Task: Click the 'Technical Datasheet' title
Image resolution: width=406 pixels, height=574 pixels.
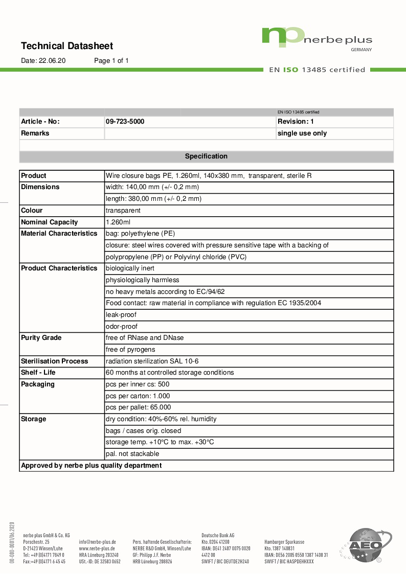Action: click(67, 46)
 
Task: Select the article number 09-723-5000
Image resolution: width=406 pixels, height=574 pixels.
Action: click(125, 122)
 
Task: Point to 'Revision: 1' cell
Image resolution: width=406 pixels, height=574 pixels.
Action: click(296, 122)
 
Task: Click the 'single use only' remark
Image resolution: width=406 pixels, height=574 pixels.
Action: click(302, 133)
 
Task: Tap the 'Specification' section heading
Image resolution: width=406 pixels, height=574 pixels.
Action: click(206, 156)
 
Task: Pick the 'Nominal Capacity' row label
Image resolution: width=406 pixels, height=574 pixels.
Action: click(50, 222)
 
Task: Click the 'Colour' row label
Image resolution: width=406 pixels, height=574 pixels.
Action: click(32, 211)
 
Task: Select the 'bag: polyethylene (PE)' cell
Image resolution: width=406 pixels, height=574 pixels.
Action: click(140, 234)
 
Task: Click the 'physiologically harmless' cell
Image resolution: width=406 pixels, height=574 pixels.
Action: click(142, 280)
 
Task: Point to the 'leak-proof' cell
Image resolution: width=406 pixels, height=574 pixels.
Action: click(121, 315)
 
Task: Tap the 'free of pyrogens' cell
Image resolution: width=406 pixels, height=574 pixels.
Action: click(130, 350)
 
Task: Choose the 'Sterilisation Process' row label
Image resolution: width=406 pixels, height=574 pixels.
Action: click(54, 361)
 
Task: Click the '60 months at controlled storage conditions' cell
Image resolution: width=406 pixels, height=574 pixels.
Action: click(170, 373)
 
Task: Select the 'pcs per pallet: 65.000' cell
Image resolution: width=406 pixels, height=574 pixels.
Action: click(138, 407)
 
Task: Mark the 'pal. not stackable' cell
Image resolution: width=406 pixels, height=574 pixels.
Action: click(132, 454)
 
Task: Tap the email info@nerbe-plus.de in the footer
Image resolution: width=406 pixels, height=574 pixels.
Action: click(97, 542)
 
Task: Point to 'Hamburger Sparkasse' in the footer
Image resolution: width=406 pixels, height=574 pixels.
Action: click(284, 542)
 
